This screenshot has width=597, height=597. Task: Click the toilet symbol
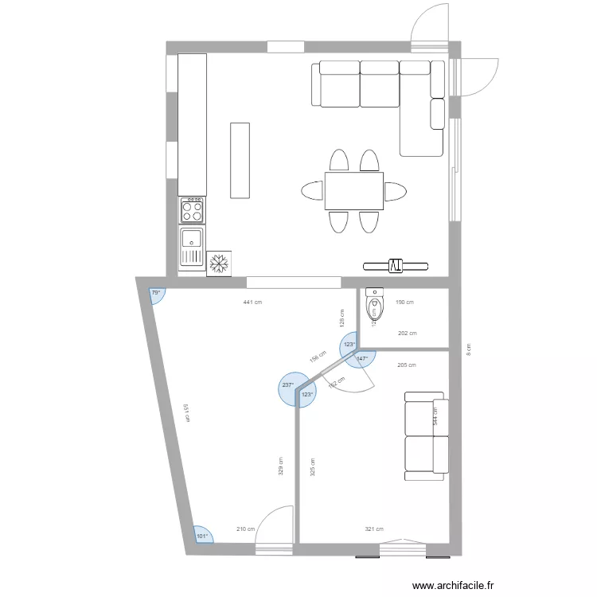tap(373, 306)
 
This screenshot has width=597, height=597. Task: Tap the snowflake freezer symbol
tap(219, 264)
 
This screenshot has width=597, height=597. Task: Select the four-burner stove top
tap(192, 210)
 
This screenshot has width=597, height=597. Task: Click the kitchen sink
tap(192, 245)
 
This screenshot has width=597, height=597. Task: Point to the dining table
tap(354, 191)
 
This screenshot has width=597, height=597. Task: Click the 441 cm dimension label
tap(253, 302)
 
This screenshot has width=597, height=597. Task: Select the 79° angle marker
tap(156, 294)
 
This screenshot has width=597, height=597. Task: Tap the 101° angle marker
tap(202, 536)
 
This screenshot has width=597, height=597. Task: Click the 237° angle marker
tap(287, 385)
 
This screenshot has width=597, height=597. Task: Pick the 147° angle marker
tap(362, 359)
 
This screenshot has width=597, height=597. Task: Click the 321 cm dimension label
tap(374, 529)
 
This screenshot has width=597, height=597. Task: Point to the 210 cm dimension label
tap(246, 529)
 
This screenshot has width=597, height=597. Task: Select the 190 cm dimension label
tap(405, 302)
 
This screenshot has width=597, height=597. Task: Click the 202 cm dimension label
tap(407, 334)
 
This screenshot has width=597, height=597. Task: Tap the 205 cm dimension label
tap(406, 365)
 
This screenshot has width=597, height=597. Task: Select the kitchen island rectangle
tap(240, 160)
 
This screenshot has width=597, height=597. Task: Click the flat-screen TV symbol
tap(396, 265)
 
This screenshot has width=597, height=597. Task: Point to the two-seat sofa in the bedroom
tap(424, 436)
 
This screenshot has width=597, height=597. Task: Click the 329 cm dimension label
tap(281, 465)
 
